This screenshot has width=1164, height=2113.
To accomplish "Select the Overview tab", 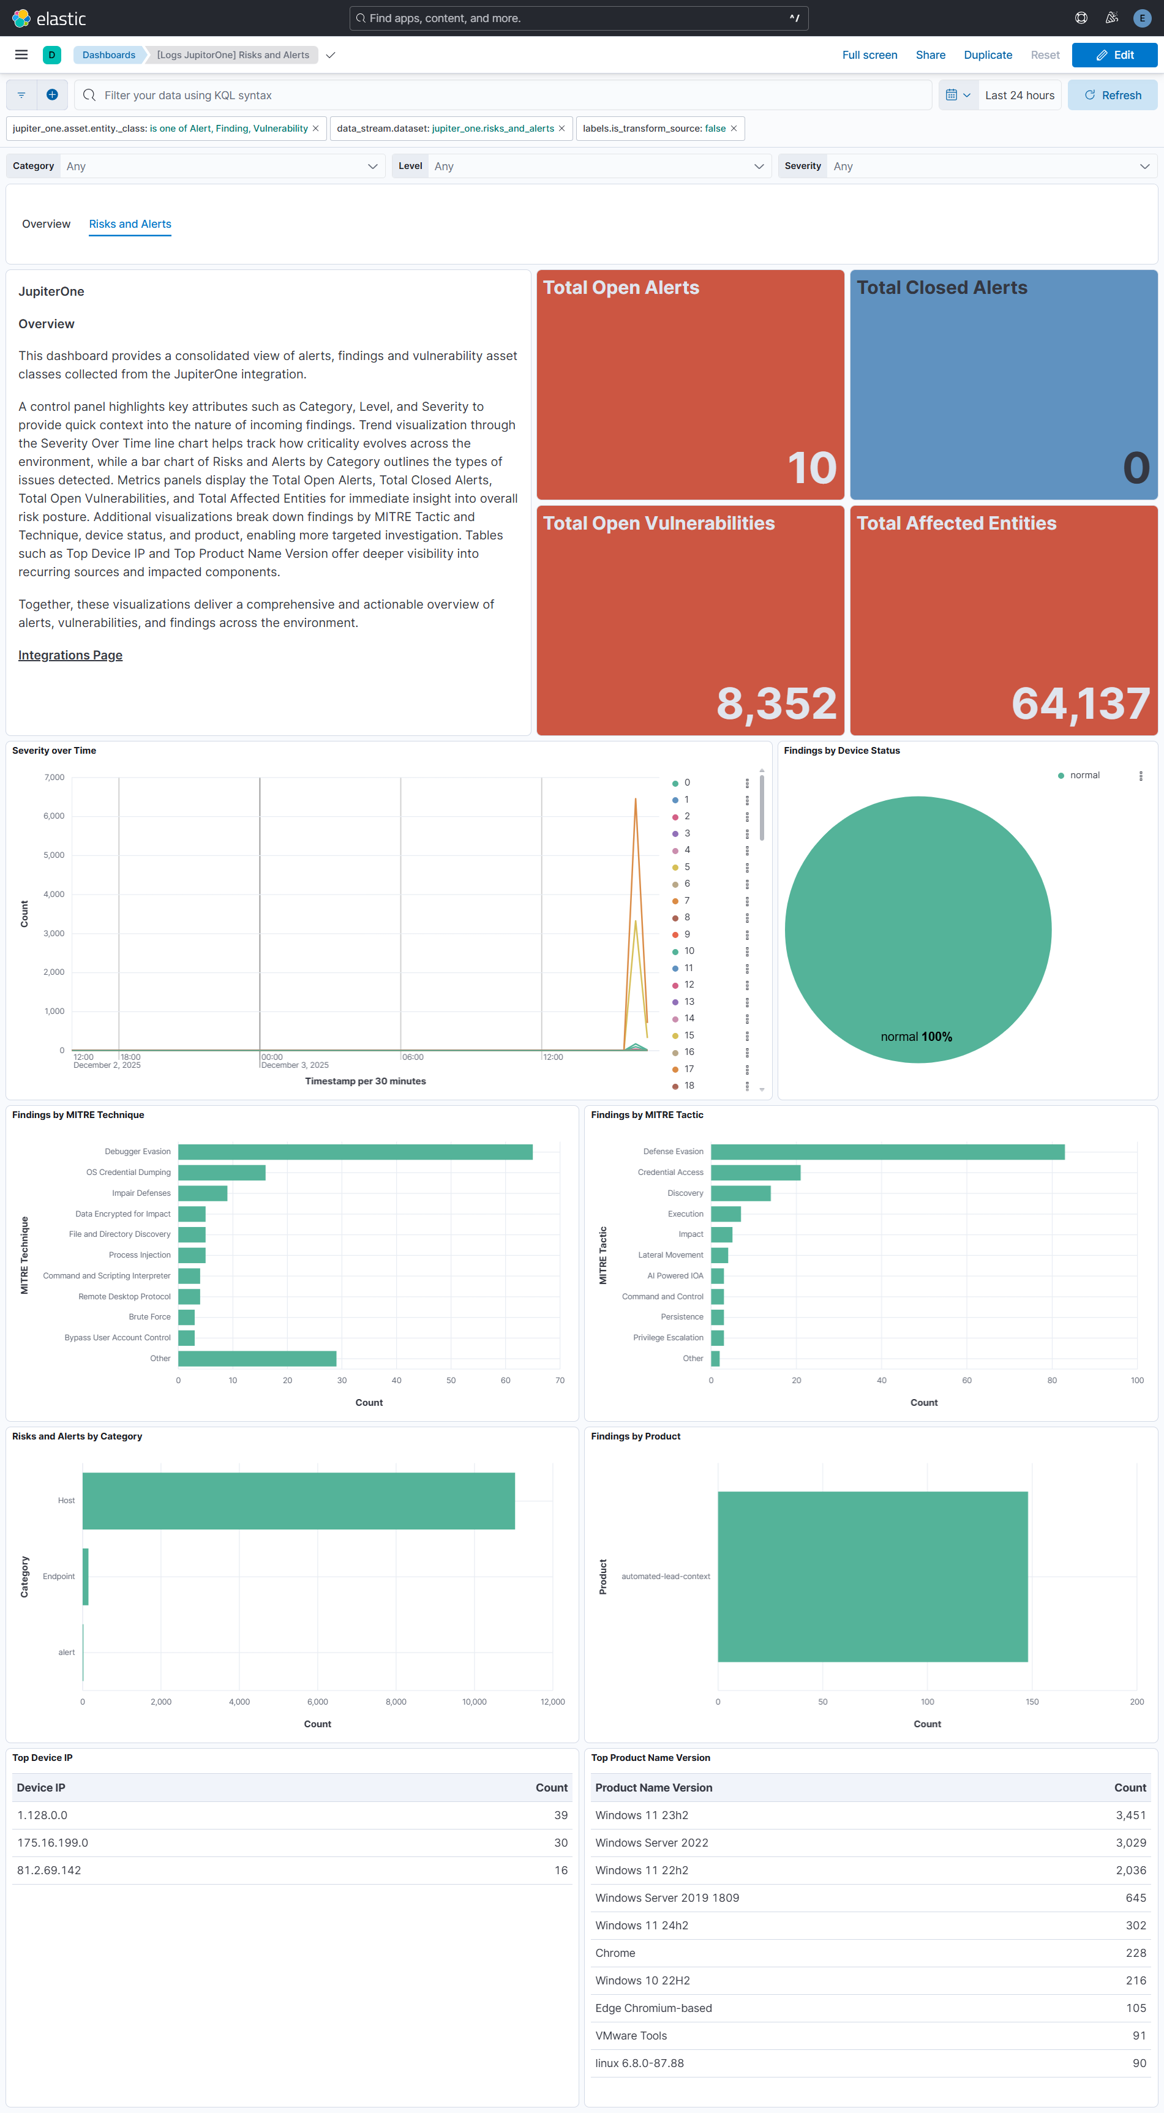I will [46, 224].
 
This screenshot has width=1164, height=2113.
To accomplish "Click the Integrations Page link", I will [70, 655].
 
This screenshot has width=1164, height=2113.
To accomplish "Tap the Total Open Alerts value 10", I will [811, 468].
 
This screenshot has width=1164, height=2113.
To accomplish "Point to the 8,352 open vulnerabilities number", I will [776, 703].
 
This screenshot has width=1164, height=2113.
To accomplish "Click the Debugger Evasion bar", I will [355, 1152].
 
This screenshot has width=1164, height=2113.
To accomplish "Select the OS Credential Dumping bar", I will [222, 1172].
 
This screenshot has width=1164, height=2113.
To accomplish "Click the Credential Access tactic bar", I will [755, 1172].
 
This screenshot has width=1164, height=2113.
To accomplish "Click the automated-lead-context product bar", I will [872, 1576].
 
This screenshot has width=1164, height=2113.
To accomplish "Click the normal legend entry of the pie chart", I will [1084, 775].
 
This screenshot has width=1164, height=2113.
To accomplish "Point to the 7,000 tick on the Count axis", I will [54, 777].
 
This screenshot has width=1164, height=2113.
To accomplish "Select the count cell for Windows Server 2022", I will [1130, 1842].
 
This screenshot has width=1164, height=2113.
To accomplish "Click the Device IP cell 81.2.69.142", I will [49, 1870].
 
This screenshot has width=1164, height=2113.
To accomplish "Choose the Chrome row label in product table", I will [615, 1953].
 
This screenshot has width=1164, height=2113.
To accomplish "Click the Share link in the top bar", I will [930, 55].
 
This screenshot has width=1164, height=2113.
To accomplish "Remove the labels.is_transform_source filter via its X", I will [734, 129].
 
